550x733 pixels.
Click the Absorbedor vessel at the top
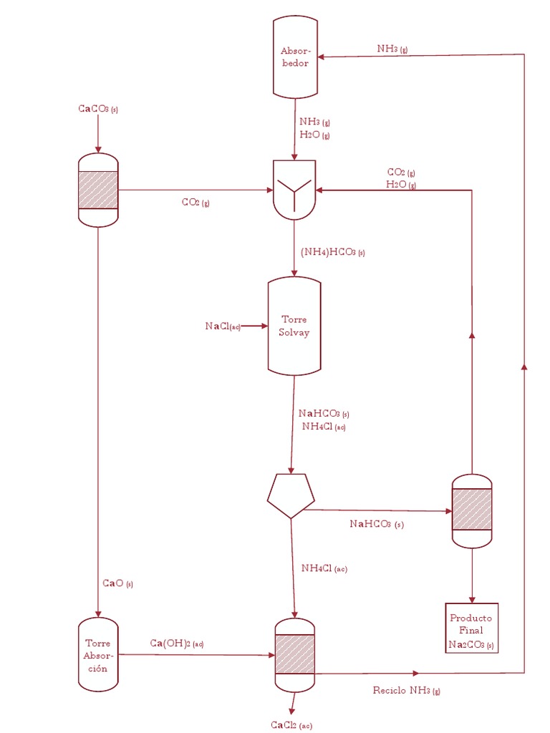(x=295, y=57)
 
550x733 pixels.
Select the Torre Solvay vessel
(x=294, y=326)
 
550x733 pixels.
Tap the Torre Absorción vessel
(x=98, y=654)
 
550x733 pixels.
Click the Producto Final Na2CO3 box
(x=471, y=631)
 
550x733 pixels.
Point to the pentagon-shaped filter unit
(x=290, y=495)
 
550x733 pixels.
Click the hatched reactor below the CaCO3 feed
(x=98, y=190)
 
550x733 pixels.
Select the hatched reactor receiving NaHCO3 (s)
(x=472, y=510)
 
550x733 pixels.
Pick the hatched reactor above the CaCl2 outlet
(x=294, y=654)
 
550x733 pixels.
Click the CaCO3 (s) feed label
(x=98, y=109)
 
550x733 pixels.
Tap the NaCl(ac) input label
(x=222, y=326)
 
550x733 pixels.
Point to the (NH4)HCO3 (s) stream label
(x=333, y=252)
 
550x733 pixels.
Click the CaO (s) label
(x=117, y=583)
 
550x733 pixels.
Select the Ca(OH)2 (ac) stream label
(x=177, y=644)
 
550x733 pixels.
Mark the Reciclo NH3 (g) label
(x=406, y=690)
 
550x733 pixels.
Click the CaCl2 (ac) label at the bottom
(x=291, y=725)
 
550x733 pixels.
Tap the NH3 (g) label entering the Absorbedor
(x=392, y=49)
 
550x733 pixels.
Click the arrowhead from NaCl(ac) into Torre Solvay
(x=264, y=326)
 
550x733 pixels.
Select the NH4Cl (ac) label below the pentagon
(x=324, y=568)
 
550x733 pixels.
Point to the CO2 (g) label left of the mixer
(x=196, y=203)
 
